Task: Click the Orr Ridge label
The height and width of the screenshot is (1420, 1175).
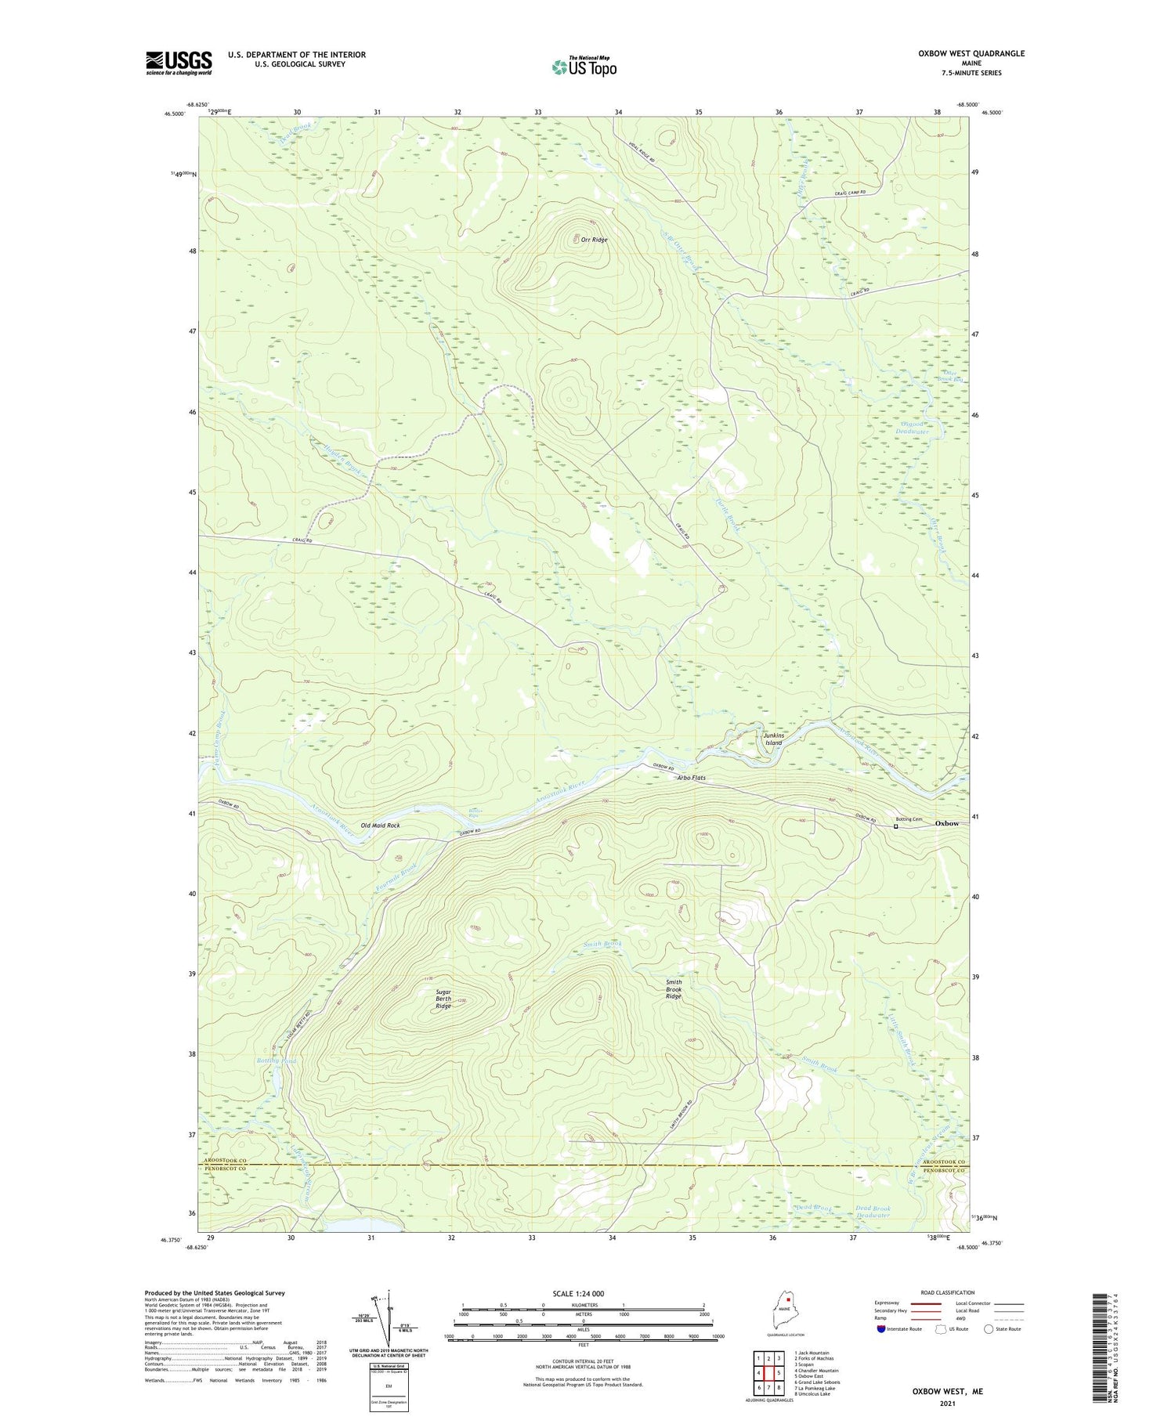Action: [594, 240]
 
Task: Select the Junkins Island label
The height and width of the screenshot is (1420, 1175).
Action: [772, 739]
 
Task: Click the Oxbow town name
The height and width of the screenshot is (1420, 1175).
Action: [947, 823]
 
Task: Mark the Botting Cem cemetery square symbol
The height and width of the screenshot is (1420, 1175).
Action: [896, 826]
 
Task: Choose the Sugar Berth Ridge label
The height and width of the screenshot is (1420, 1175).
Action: [443, 999]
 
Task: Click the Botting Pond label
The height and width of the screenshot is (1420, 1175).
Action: [277, 1060]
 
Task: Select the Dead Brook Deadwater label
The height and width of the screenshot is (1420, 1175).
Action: [873, 1212]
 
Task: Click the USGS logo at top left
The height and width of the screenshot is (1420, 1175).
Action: [179, 63]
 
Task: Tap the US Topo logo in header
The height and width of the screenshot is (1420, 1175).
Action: [584, 67]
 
